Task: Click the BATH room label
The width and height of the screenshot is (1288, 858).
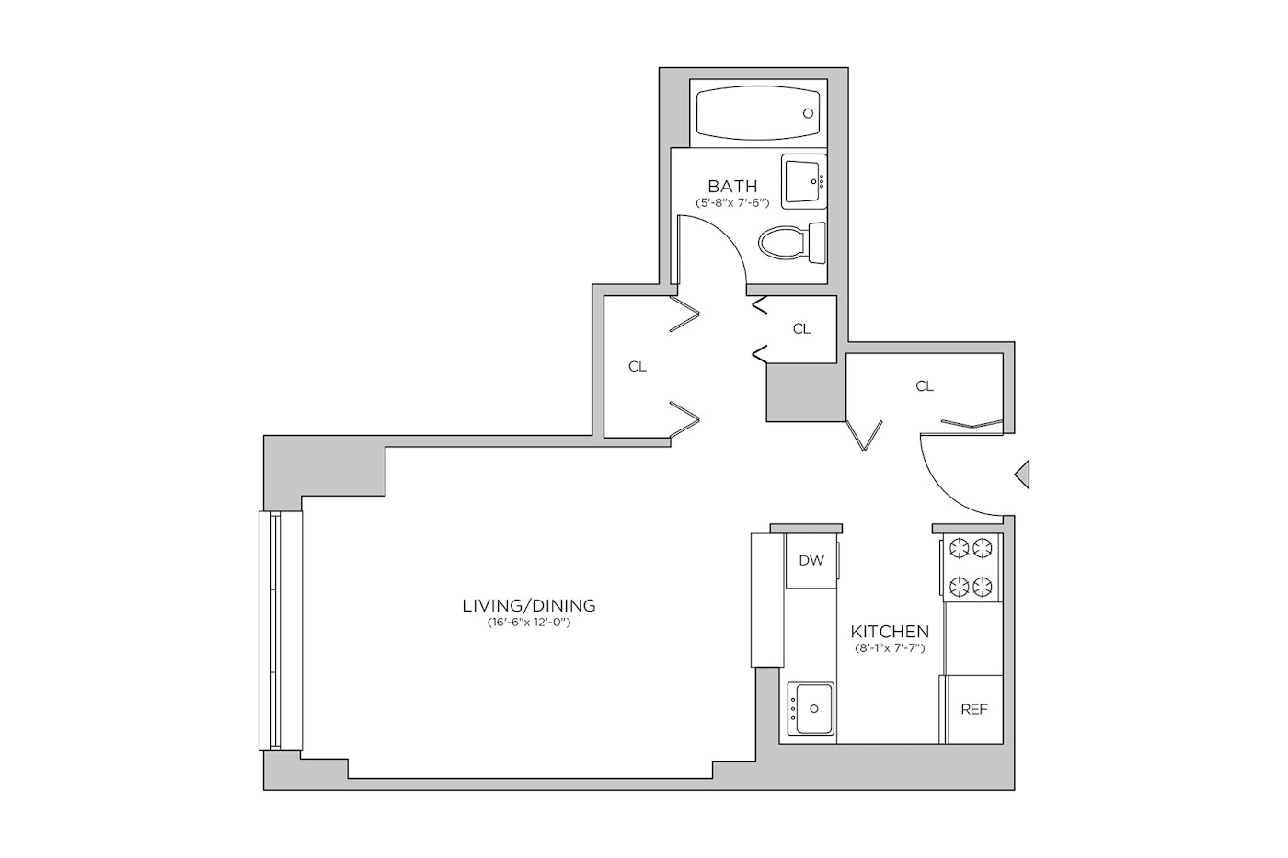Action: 732,186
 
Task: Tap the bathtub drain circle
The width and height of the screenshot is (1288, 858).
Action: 808,113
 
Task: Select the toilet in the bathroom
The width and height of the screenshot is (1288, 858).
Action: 792,243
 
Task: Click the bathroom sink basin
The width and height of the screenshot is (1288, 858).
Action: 804,181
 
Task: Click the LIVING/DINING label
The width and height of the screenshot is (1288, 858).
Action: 529,606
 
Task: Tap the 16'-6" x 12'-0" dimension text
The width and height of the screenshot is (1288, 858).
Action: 528,623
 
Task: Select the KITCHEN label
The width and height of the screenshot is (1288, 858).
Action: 890,632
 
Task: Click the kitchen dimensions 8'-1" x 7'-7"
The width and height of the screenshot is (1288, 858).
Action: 890,648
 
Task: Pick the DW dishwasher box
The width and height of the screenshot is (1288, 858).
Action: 811,560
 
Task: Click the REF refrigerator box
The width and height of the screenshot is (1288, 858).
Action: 973,709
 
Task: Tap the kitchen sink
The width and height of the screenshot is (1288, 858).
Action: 811,709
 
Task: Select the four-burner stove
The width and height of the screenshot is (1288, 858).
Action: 972,567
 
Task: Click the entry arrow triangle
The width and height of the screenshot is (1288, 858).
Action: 1022,475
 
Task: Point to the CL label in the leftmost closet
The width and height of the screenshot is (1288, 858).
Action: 637,367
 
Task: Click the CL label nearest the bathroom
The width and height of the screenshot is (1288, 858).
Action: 801,328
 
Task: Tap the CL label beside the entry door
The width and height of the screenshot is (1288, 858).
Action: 925,386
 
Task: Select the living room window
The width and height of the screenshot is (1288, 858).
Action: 280,631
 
